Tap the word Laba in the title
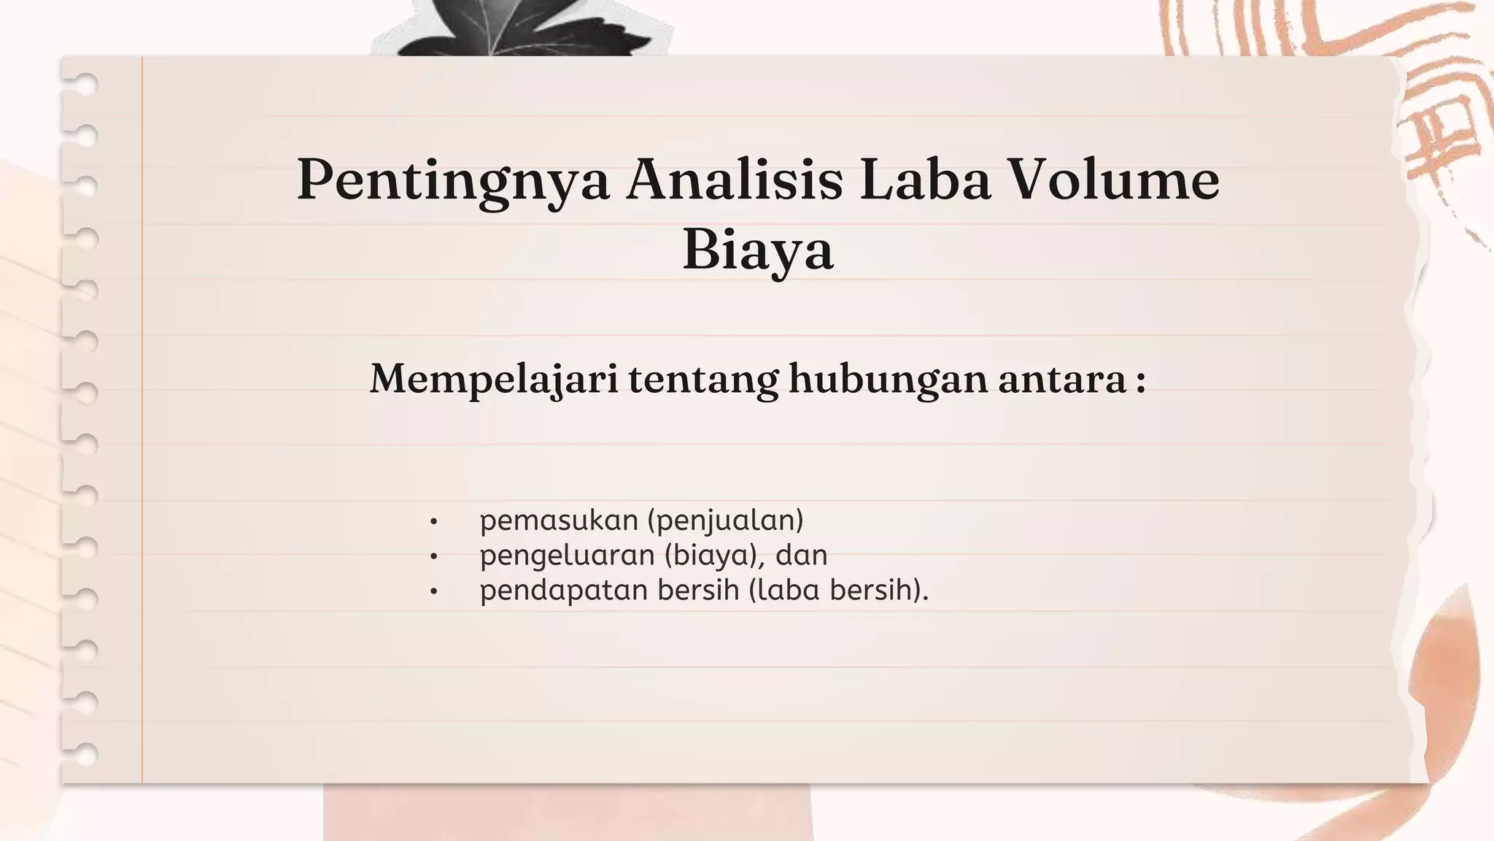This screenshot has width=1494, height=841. coord(924,180)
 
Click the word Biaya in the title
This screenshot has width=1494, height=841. coord(758,250)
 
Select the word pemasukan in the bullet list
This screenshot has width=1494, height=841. coord(559,521)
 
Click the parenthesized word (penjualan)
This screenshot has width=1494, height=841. coord(725,521)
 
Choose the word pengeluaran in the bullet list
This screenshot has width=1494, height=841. coord(567,556)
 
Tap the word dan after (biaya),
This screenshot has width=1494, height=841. coord(801,556)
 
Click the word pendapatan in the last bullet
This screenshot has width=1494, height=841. coord(563,590)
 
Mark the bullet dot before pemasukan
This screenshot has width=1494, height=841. coord(433,522)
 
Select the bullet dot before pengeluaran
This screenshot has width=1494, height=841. coord(433,557)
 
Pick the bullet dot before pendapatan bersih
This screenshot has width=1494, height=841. coord(433,591)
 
